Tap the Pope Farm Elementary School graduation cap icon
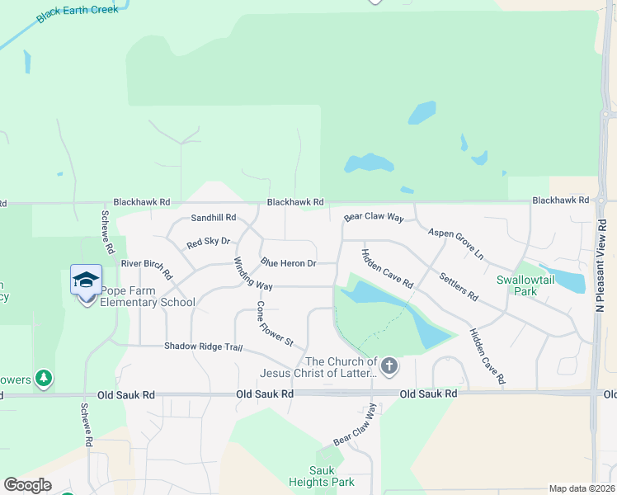pyautogui.click(x=86, y=280)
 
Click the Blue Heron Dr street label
pyautogui.click(x=289, y=263)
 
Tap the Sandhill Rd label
pyautogui.click(x=214, y=218)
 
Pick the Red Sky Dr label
pyautogui.click(x=208, y=243)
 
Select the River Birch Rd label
pyautogui.click(x=146, y=267)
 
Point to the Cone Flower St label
pyautogui.click(x=274, y=323)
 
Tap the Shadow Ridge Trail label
pyautogui.click(x=203, y=346)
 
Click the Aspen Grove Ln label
pyautogui.click(x=456, y=244)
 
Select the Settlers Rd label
pyautogui.click(x=459, y=285)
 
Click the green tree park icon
pyautogui.click(x=44, y=379)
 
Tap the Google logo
pyautogui.click(x=27, y=485)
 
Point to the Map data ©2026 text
pyautogui.click(x=581, y=488)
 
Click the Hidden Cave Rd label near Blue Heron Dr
pyautogui.click(x=387, y=269)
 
